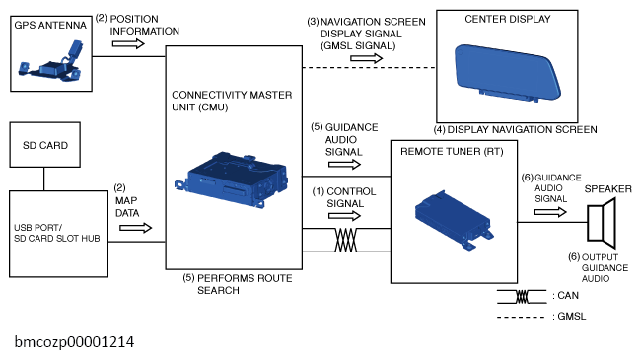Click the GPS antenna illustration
[x=50, y=62]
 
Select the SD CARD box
[x=45, y=145]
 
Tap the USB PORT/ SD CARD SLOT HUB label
[x=57, y=233]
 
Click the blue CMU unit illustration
[x=232, y=179]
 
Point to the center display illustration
[x=508, y=72]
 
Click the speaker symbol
[x=602, y=223]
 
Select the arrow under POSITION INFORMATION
[x=128, y=43]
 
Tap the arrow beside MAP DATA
[x=135, y=228]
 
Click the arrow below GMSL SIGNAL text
[x=366, y=58]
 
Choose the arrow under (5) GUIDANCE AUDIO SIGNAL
[x=344, y=165]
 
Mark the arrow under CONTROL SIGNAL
[x=344, y=216]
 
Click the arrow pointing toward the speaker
[x=550, y=212]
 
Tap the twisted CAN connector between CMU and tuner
[x=346, y=240]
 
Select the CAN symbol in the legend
[x=522, y=297]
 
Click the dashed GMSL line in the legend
[x=521, y=317]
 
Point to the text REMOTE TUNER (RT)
[x=452, y=151]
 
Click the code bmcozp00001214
[x=74, y=342]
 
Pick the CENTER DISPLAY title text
[x=508, y=19]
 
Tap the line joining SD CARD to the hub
[x=43, y=179]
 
